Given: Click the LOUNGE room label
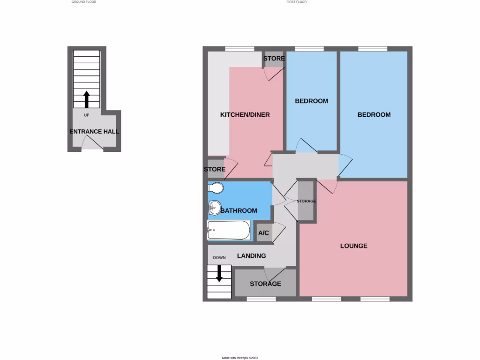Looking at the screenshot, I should pos(353,246).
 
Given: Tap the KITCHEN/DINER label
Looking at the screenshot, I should pos(245,114).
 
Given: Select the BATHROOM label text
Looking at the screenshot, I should pos(239,210).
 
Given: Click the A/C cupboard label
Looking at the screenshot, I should pos(263,233).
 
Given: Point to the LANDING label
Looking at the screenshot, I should pos(251,255).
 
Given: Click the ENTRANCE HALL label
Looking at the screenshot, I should pos(94,131).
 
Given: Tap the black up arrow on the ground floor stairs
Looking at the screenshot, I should pos(86,100).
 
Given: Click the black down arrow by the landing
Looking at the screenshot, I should pos(219,273).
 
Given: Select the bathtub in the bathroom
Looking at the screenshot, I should pos(229,230).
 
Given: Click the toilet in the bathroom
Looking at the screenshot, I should pos(216,188).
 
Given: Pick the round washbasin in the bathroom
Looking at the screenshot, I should pos(215,207).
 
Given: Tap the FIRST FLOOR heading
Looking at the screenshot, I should pos(296,2).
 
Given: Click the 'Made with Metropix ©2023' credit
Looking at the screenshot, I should pos(240,358).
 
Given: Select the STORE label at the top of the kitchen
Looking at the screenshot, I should pos(274,59).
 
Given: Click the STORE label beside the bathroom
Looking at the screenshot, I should pos(215,169).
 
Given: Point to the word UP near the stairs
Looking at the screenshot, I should pos(86,115).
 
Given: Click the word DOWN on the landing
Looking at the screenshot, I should pos(219,258).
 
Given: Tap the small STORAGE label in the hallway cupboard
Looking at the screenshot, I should pos(306,201).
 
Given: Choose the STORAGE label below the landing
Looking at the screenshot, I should pos(265,284).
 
